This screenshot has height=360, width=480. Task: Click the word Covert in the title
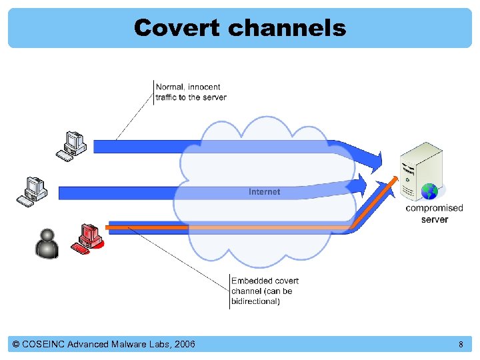(176, 28)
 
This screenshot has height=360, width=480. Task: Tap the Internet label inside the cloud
(265, 192)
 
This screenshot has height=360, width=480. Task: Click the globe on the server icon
(431, 191)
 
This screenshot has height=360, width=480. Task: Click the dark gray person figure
(47, 243)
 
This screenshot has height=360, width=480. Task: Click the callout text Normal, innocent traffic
(190, 92)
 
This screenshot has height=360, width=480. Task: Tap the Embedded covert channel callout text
(265, 291)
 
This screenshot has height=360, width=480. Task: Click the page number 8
(461, 345)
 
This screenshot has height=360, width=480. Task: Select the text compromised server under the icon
(434, 213)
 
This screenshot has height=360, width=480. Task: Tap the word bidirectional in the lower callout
(255, 301)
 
